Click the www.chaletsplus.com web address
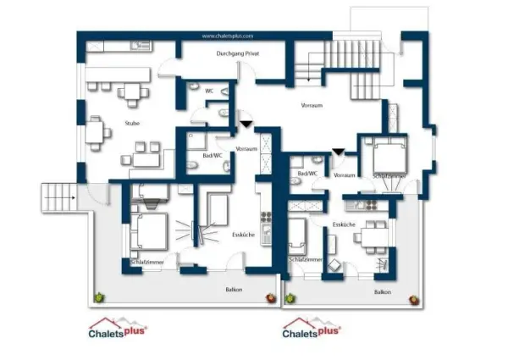click(x=228, y=36)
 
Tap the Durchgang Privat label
click(x=237, y=53)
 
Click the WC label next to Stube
click(x=208, y=91)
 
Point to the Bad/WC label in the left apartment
click(x=213, y=156)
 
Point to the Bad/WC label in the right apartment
click(x=307, y=173)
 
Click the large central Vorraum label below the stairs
click(x=312, y=106)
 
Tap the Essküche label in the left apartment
click(x=242, y=235)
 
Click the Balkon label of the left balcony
click(x=234, y=290)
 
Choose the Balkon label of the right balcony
click(x=383, y=291)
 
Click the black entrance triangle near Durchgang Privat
click(x=246, y=124)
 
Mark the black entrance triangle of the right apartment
click(x=338, y=152)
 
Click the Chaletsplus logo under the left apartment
click(x=119, y=328)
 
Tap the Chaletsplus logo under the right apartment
click(x=312, y=328)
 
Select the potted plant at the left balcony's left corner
click(x=100, y=296)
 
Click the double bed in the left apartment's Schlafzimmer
click(x=149, y=230)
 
